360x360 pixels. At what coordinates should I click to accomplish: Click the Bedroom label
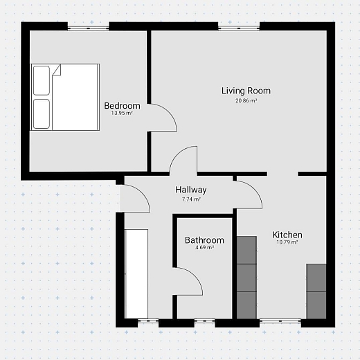pos(122,106)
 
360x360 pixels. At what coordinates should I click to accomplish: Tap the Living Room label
pos(246,91)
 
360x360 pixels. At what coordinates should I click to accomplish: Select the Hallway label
pos(191,190)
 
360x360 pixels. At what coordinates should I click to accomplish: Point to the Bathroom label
pos(204,240)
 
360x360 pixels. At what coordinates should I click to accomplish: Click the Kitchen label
pos(287,235)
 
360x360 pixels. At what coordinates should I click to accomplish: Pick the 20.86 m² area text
pos(246,100)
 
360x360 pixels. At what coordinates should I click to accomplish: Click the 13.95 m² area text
pos(122,113)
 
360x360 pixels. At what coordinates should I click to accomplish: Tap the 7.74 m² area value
pos(191,199)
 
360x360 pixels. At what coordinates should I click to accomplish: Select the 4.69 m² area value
pos(204,248)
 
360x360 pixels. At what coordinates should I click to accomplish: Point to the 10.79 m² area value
pos(287,242)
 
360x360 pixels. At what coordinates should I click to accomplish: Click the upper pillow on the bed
pos(42,80)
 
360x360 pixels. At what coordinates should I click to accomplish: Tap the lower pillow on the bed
pos(42,114)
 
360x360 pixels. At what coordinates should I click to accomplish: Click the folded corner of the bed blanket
pos(57,70)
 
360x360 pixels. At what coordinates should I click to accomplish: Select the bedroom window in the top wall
pos(88,28)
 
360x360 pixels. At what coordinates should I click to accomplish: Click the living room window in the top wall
pos(239,28)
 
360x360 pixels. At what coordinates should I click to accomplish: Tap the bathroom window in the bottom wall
pos(204,321)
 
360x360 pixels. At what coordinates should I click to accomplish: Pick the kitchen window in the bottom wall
pos(280,321)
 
